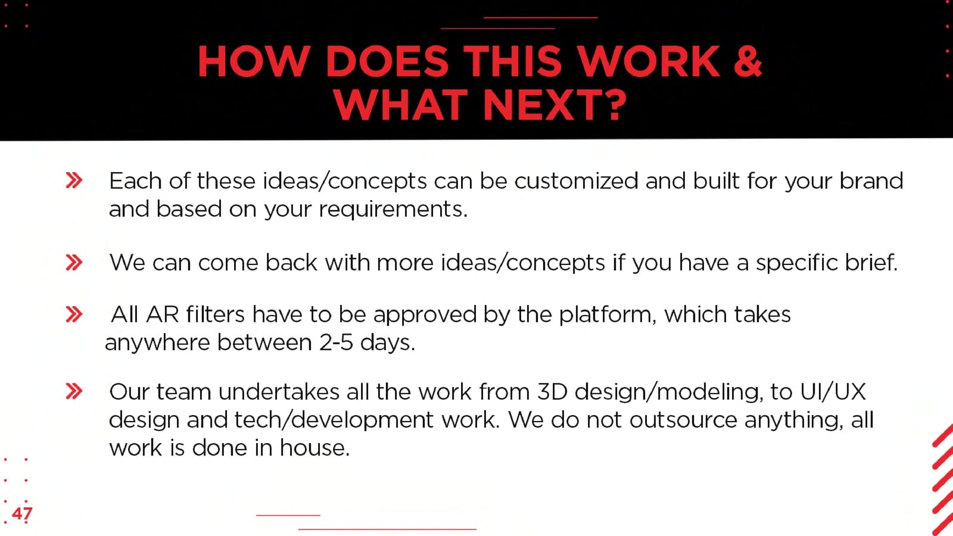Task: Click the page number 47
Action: pyautogui.click(x=21, y=514)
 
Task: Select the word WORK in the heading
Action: pyautogui.click(x=649, y=61)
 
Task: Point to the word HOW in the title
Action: pyautogui.click(x=254, y=61)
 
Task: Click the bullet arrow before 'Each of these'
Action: pyautogui.click(x=74, y=180)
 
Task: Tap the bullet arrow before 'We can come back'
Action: pyautogui.click(x=74, y=263)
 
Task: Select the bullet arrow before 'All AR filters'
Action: pyautogui.click(x=74, y=314)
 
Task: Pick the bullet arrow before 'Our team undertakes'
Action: pyautogui.click(x=74, y=391)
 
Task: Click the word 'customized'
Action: pyautogui.click(x=576, y=181)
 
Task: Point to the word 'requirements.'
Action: pyautogui.click(x=393, y=209)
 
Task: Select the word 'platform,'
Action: pyautogui.click(x=608, y=315)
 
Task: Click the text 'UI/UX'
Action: pyautogui.click(x=833, y=392)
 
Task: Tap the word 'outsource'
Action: pyautogui.click(x=683, y=420)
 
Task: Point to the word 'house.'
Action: pyautogui.click(x=314, y=448)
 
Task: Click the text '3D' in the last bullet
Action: pyautogui.click(x=552, y=392)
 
